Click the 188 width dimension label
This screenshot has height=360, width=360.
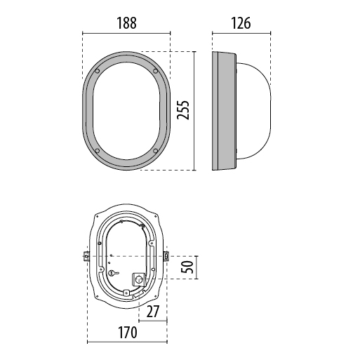click(126, 23)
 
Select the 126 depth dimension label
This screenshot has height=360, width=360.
click(241, 23)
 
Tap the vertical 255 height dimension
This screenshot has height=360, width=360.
click(183, 110)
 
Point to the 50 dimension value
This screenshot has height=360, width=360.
click(187, 267)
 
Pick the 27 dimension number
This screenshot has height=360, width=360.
click(153, 312)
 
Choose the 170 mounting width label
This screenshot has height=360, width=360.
click(128, 333)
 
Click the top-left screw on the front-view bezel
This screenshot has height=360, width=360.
click(98, 71)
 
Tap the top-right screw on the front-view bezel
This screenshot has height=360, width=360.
click(155, 71)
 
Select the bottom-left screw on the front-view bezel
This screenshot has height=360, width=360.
click(98, 151)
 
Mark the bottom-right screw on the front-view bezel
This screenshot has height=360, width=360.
click(155, 151)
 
